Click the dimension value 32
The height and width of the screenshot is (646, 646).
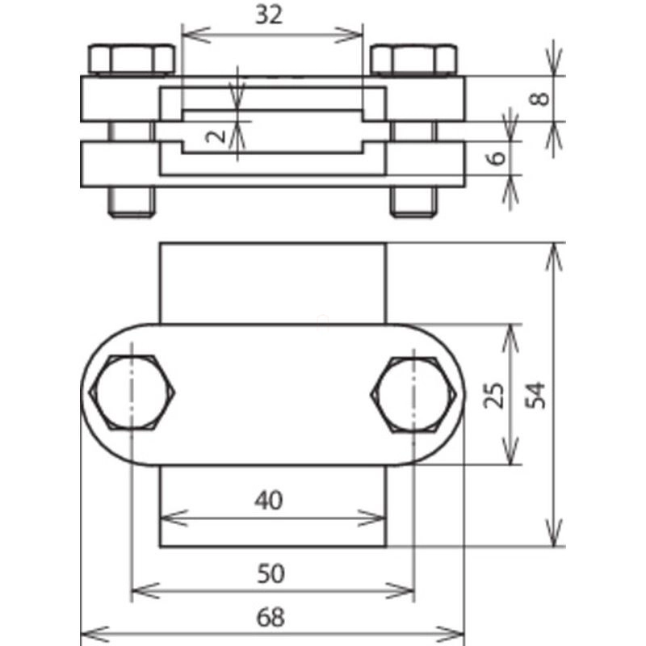tap(269, 15)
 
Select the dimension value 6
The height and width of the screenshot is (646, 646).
tap(497, 157)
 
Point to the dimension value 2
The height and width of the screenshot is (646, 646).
tap(216, 136)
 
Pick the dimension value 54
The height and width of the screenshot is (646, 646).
tap(536, 396)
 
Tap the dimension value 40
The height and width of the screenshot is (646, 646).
tap(269, 500)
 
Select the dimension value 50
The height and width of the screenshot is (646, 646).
tap(271, 573)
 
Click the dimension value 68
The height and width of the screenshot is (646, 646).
tap(271, 618)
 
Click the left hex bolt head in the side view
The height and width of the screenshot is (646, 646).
tap(132, 60)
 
